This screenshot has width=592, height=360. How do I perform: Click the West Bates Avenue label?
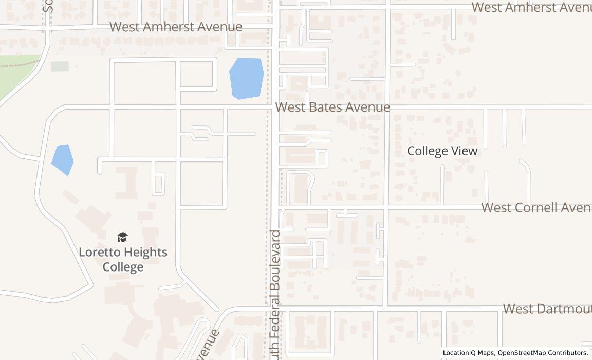pos(332,107)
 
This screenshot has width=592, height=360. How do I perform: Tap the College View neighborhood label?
pos(442,151)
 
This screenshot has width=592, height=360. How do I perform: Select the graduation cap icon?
pos(122,237)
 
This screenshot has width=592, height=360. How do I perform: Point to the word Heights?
pos(145,253)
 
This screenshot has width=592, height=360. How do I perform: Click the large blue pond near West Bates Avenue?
pos(246,78)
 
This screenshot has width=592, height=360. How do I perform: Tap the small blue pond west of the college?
pos(63,159)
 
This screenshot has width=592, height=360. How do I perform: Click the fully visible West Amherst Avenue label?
pos(176,27)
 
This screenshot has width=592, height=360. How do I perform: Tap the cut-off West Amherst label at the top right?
pos(531,7)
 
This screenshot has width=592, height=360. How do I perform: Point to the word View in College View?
pos(465,151)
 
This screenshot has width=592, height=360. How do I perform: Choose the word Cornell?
pos(537,208)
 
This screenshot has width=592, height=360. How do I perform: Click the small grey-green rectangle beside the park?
pos(60,66)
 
